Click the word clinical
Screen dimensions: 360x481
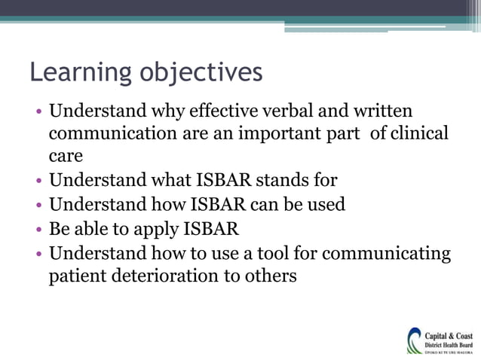[x=418, y=134]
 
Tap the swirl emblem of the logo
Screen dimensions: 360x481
[x=415, y=340]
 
